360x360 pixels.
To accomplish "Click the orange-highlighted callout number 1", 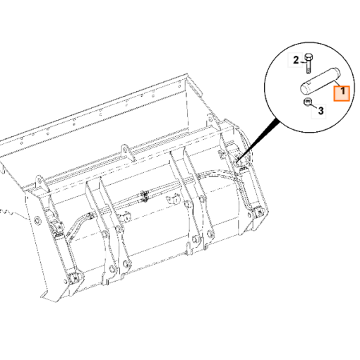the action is tap(343, 91).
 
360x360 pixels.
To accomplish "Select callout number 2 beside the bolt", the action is tap(296, 60).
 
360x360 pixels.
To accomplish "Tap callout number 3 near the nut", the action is tap(320, 111).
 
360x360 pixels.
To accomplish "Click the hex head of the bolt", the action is tap(308, 57).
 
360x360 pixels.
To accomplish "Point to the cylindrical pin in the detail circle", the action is tap(320, 80).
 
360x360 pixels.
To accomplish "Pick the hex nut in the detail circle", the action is tap(307, 102).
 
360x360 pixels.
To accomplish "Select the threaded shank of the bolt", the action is tap(308, 67).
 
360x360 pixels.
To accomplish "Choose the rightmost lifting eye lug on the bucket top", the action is tap(212, 122).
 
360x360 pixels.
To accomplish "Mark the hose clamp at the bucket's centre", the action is tap(145, 197).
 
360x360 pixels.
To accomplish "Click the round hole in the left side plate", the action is tap(37, 221).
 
